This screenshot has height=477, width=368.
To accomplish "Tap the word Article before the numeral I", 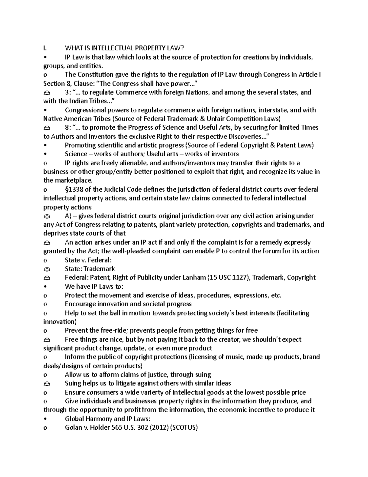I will [308, 75].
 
